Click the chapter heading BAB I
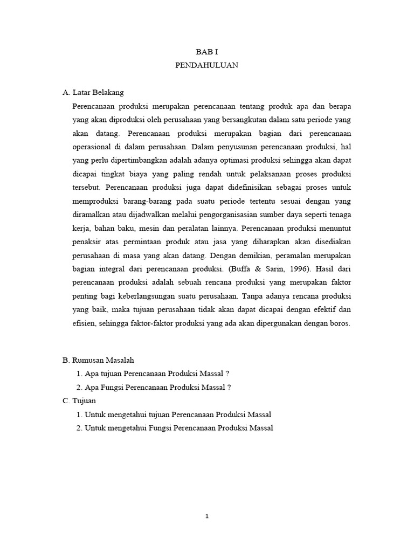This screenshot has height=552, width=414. click(x=206, y=52)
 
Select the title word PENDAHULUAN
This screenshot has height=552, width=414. click(x=206, y=66)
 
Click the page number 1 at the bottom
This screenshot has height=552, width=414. click(x=207, y=516)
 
